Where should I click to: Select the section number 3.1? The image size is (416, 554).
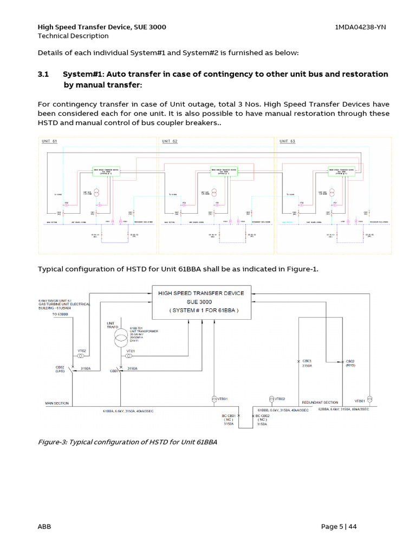(x=43, y=74)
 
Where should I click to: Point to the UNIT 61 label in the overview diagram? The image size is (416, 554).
(x=49, y=141)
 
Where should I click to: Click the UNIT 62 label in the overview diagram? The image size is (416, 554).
(x=170, y=141)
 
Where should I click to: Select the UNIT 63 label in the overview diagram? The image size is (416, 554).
(x=288, y=141)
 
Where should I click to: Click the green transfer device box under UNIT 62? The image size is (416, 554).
(x=226, y=172)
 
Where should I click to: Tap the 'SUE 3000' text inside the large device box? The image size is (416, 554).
(x=201, y=301)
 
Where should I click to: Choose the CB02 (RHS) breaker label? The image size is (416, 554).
(x=350, y=363)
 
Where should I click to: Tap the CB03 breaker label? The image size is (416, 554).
(x=307, y=361)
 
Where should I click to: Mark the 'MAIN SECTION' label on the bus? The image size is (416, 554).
(x=56, y=403)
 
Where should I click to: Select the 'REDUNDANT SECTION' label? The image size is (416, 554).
(x=320, y=403)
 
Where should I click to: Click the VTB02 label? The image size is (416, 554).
(x=279, y=399)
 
